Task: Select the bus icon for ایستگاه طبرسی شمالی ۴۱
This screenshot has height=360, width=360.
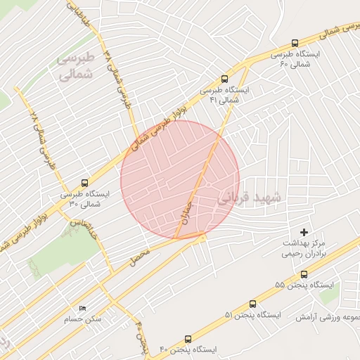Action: pyautogui.click(x=224, y=79)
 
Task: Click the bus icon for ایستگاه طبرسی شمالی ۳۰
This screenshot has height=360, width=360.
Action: pyautogui.click(x=85, y=182)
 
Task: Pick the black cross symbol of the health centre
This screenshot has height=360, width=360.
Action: pyautogui.click(x=304, y=231)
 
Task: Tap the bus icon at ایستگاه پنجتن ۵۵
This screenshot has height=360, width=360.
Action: pyautogui.click(x=304, y=275)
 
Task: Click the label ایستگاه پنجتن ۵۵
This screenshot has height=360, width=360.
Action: pyautogui.click(x=299, y=286)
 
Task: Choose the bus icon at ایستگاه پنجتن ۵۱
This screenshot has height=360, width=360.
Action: pyautogui.click(x=252, y=304)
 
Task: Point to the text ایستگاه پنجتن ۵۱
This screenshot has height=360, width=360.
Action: pyautogui.click(x=247, y=315)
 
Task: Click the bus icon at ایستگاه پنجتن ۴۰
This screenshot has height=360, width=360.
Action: pyautogui.click(x=188, y=339)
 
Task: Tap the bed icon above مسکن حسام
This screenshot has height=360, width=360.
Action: pyautogui.click(x=83, y=308)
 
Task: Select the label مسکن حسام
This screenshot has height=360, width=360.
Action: pyautogui.click(x=83, y=319)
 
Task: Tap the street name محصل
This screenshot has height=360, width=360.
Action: pyautogui.click(x=140, y=257)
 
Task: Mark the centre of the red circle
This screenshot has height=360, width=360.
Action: pyautogui.click(x=180, y=180)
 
